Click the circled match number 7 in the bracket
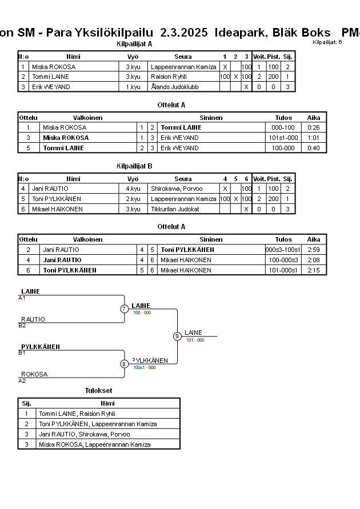[124, 309]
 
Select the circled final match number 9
[177, 336]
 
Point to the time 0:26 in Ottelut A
[314, 127]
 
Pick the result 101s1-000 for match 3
[284, 138]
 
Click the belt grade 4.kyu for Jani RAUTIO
[133, 189]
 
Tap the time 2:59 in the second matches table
[314, 250]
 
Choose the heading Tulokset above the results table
[98, 391]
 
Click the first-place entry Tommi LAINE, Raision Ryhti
[77, 414]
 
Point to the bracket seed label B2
[22, 326]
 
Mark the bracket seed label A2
[22, 380]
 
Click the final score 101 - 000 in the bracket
[195, 340]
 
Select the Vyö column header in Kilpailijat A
[133, 57]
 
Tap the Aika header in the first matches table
[314, 118]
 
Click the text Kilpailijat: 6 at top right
[327, 42]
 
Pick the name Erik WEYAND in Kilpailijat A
[51, 87]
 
